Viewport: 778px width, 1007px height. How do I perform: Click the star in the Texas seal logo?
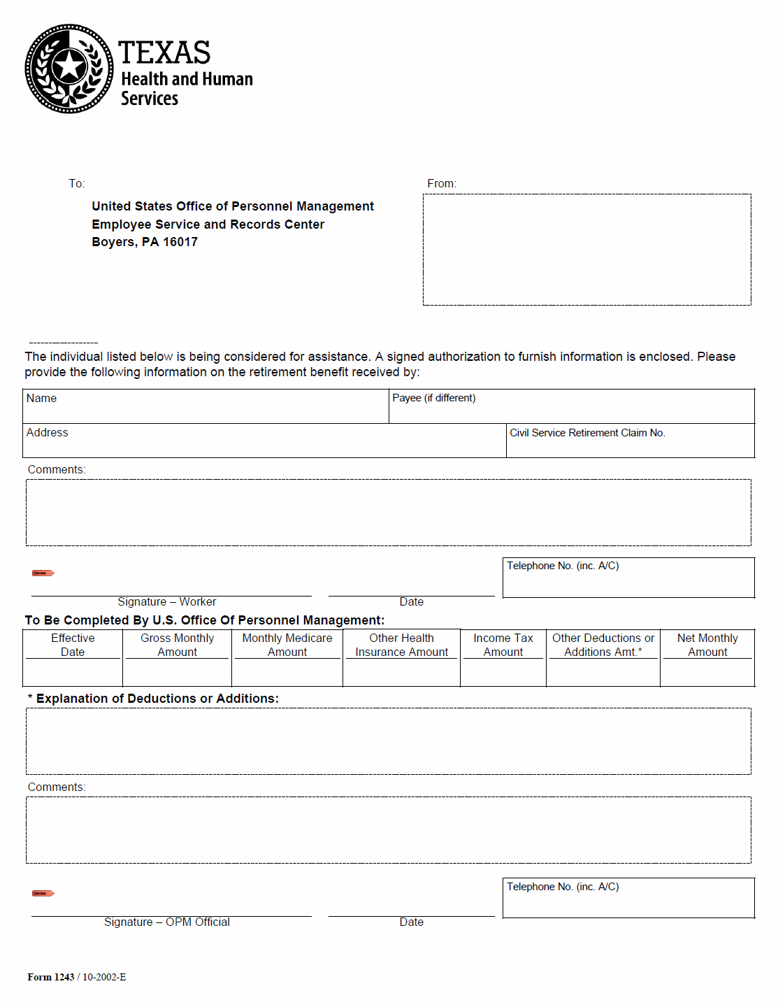point(69,67)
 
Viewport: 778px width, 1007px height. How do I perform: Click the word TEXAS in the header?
point(164,52)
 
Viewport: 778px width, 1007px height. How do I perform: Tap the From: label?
point(442,183)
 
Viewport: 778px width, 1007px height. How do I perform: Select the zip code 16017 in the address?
point(180,242)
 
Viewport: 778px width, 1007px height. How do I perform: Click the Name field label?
point(41,399)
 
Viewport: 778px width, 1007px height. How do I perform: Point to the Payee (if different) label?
point(434,398)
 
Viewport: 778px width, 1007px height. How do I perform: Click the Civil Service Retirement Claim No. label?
point(587,433)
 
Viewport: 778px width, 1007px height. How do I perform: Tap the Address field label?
point(48,433)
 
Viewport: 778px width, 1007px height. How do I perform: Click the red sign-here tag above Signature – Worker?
point(43,573)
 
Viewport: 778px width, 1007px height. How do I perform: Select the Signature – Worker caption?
point(166,602)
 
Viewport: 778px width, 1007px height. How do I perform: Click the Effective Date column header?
point(73,645)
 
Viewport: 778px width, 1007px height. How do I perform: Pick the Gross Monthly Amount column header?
point(178,645)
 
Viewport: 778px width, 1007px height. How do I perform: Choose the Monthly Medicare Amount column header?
point(287,645)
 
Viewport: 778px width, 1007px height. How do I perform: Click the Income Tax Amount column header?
point(503,645)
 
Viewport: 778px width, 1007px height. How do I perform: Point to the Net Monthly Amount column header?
point(707,645)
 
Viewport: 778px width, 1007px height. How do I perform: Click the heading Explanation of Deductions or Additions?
point(157,699)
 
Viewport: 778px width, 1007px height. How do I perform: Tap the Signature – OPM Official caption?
point(166,922)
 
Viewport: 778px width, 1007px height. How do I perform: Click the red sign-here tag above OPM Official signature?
point(43,894)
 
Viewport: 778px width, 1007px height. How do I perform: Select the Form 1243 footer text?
point(51,978)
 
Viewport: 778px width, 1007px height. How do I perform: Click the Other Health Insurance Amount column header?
point(402,645)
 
